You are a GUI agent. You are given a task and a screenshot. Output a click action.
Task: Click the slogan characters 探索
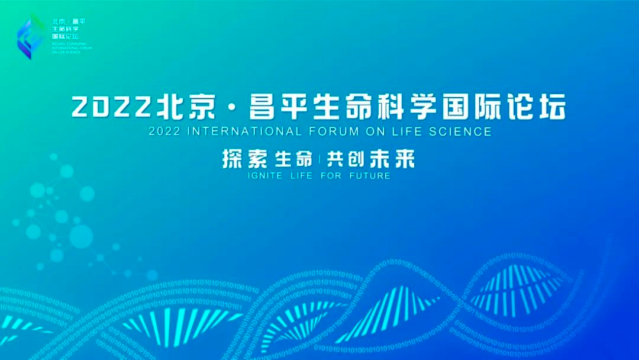(245, 159)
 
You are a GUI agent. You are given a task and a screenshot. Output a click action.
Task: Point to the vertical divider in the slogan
(319, 159)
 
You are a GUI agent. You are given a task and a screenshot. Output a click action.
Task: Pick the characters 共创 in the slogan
(346, 159)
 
